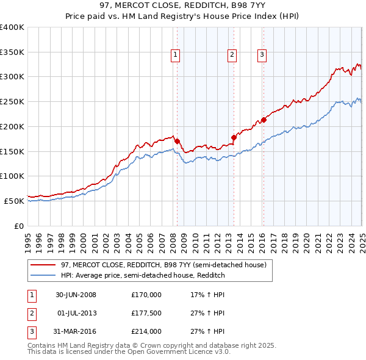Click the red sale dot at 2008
point(177,141)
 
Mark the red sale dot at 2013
point(234,137)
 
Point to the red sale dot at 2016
point(264,120)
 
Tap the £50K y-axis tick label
point(15,201)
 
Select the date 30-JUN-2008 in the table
point(76,295)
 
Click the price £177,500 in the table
point(146,313)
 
